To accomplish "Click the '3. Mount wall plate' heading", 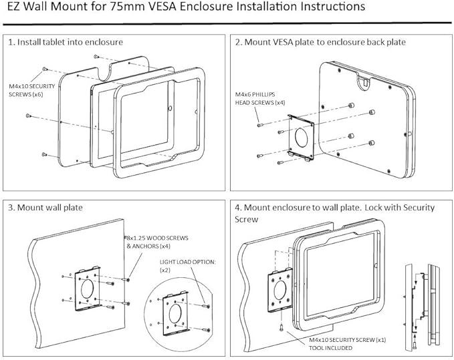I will tap(45, 207).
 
